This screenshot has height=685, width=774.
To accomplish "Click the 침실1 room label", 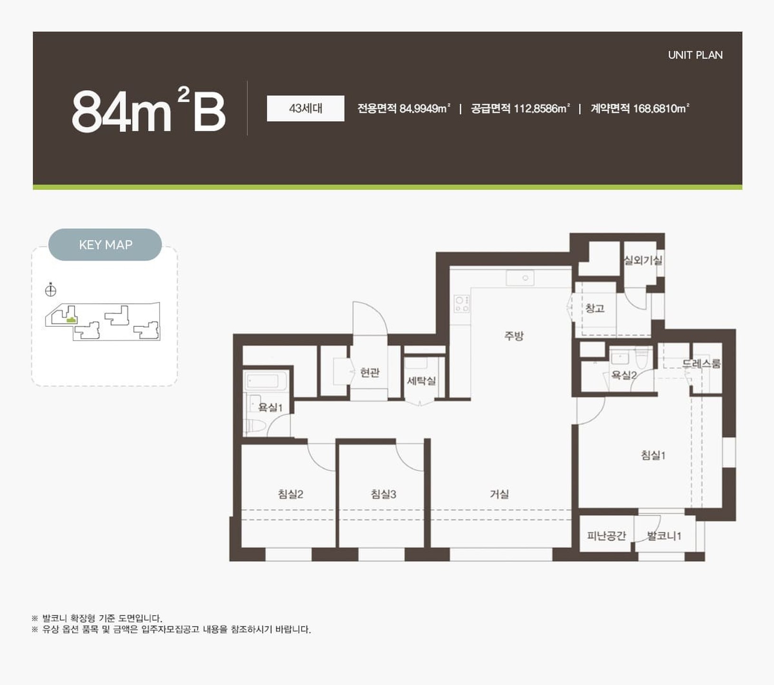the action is pyautogui.click(x=653, y=455).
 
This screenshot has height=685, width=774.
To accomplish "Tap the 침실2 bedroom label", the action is pyautogui.click(x=290, y=494).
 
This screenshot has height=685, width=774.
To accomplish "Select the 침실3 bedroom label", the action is pyautogui.click(x=383, y=494).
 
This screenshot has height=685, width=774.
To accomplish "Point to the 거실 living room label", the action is pyautogui.click(x=499, y=494).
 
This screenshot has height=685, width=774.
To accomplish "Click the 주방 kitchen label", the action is pyautogui.click(x=514, y=336).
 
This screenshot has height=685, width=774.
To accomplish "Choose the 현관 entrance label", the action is pyautogui.click(x=370, y=372).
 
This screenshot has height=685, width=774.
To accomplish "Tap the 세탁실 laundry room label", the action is pyautogui.click(x=421, y=381).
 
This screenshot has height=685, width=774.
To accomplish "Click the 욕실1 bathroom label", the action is pyautogui.click(x=270, y=407).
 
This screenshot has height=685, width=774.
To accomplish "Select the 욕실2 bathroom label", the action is pyautogui.click(x=624, y=375).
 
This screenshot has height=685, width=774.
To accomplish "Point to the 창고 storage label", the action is pyautogui.click(x=595, y=308).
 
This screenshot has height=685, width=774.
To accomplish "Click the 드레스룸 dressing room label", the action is pyautogui.click(x=702, y=364).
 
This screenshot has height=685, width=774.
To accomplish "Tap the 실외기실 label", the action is pyautogui.click(x=643, y=260).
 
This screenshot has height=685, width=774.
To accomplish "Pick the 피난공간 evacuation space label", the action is pyautogui.click(x=607, y=536).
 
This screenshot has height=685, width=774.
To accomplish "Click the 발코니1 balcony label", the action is pyautogui.click(x=664, y=536).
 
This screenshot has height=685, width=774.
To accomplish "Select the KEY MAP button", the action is pyautogui.click(x=105, y=245).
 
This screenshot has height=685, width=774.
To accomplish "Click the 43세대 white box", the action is pyautogui.click(x=306, y=108).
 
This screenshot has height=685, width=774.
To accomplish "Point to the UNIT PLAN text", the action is pyautogui.click(x=695, y=55).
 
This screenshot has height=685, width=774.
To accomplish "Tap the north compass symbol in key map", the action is pyautogui.click(x=50, y=290).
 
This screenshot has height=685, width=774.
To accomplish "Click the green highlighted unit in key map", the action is pyautogui.click(x=71, y=320).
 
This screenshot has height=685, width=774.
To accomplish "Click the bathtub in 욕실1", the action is pyautogui.click(x=262, y=381).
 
